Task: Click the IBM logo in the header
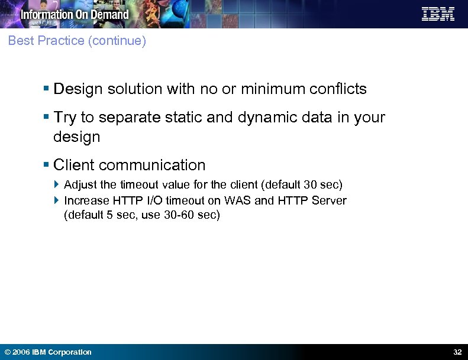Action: (438, 14)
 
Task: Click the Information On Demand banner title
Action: (75, 14)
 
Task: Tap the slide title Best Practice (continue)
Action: (77, 41)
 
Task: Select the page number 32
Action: (457, 352)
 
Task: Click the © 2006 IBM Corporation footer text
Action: (48, 352)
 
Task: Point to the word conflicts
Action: (338, 89)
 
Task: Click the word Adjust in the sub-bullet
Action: (80, 185)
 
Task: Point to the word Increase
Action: (86, 200)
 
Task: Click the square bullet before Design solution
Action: (46, 89)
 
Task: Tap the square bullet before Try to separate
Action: (46, 118)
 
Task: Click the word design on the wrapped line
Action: (77, 137)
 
